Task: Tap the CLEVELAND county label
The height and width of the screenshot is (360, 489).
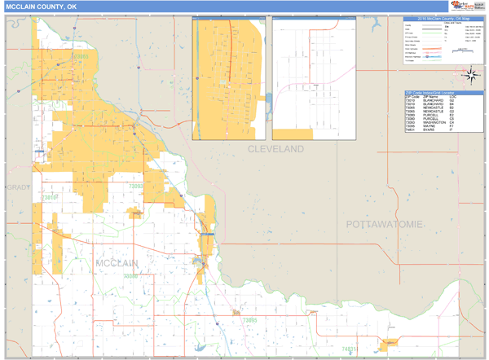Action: pos(276,150)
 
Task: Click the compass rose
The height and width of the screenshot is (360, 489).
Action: pos(470,76)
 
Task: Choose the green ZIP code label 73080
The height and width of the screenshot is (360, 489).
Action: pos(130,277)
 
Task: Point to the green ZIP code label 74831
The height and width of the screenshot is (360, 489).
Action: pos(350,349)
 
